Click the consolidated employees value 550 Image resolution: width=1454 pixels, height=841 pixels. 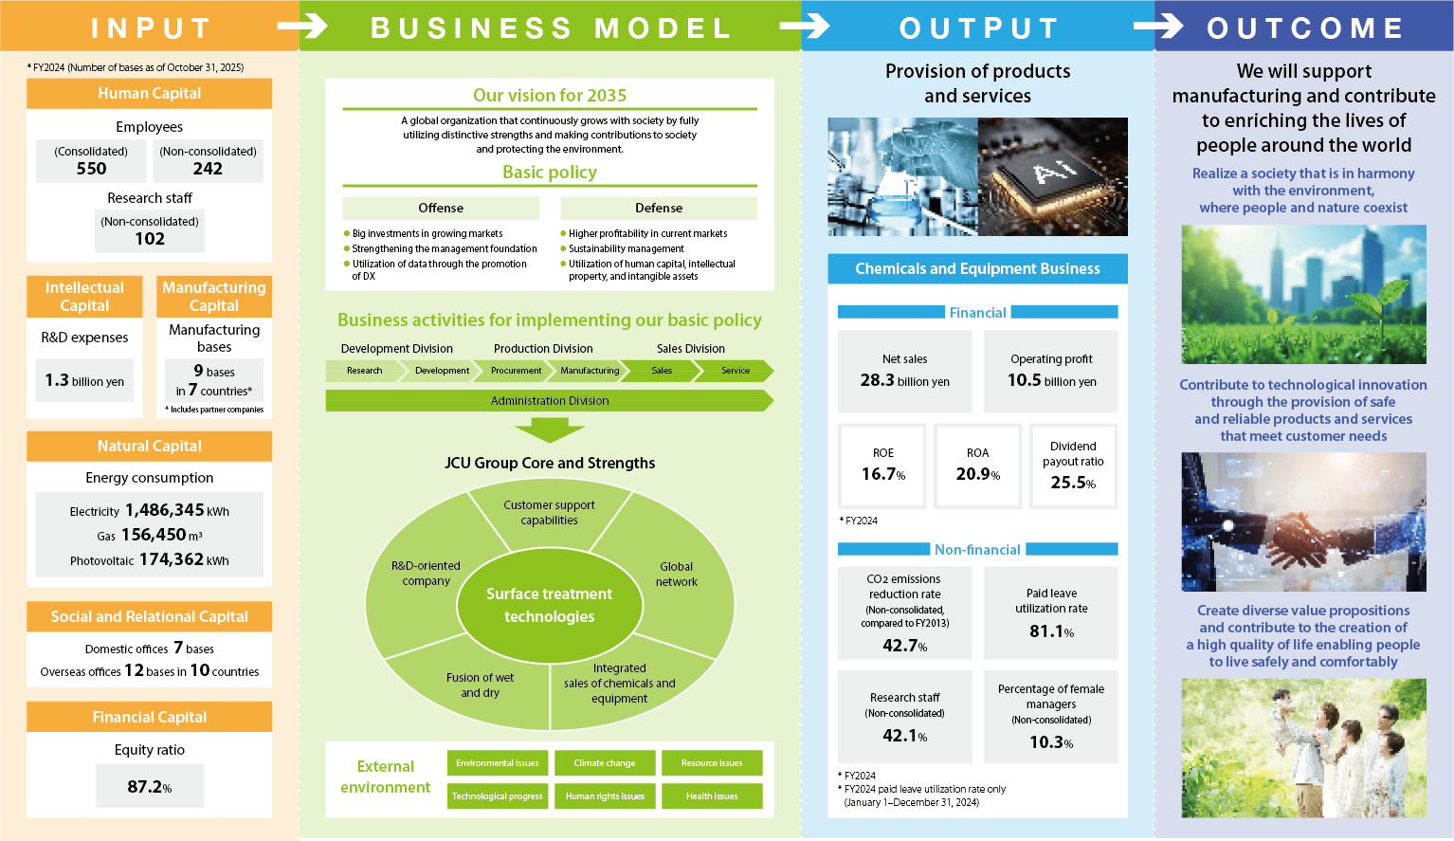coord(91,169)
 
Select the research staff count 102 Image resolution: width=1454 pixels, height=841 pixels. coord(150,239)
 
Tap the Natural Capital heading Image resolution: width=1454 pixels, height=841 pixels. coord(149,446)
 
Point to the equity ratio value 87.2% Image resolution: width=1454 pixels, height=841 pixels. coord(150,787)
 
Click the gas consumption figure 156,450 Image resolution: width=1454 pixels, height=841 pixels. coord(154,535)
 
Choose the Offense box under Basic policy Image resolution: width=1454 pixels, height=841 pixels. coord(441,208)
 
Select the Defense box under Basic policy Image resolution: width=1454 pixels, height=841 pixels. coord(659,208)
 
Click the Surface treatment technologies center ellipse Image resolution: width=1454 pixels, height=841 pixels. coord(549,605)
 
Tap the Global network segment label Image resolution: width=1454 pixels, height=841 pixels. coord(676,575)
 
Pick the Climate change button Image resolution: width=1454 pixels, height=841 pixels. coord(605,763)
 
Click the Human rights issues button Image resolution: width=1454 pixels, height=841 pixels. coord(605,796)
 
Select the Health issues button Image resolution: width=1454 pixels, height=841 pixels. coord(712,796)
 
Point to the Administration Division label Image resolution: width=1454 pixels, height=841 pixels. coord(550,401)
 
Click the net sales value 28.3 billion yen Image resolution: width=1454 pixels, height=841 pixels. coord(904,380)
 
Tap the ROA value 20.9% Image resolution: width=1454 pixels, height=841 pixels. coord(977,474)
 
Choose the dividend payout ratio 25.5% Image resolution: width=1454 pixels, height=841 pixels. coord(1073,483)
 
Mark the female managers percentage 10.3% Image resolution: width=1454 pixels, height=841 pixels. coord(1051,742)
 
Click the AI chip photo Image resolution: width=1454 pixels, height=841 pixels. coord(1053,176)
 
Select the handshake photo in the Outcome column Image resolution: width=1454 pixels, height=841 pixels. coord(1303,521)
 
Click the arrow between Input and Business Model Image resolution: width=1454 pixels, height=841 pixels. coord(302,27)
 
